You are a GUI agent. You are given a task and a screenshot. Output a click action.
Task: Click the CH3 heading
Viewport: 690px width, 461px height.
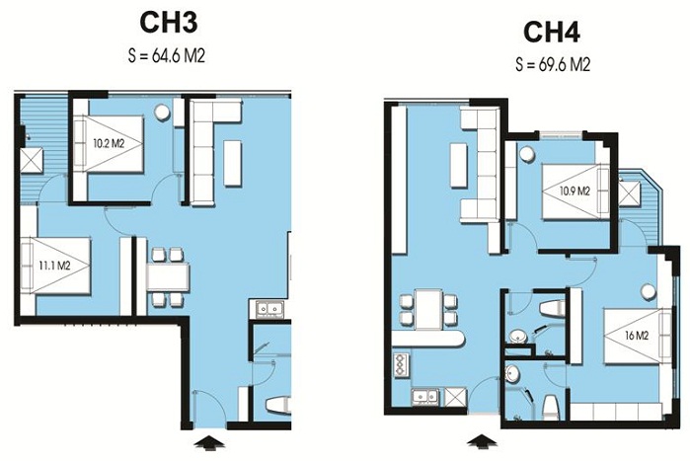coord(168,22)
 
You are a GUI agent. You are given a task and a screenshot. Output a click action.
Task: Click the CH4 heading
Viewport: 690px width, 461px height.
coord(552,32)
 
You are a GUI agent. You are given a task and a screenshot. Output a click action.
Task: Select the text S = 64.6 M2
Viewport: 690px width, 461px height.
coord(167,56)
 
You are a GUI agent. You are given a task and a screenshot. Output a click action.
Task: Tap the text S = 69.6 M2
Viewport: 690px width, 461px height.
coord(553,65)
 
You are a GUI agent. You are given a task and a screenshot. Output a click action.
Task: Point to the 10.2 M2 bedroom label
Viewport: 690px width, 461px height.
coord(107,143)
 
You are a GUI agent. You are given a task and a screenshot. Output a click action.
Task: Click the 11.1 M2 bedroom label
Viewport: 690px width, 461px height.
coord(52,266)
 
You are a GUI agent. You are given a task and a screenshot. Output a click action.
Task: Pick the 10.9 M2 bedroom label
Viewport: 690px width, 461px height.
coord(575,191)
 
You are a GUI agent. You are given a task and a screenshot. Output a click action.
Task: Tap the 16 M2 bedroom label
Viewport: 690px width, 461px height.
coord(637,336)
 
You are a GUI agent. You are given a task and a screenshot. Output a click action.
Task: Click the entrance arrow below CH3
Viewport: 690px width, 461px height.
coord(209,442)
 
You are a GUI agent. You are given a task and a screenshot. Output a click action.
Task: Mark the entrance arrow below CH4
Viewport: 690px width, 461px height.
coord(483,441)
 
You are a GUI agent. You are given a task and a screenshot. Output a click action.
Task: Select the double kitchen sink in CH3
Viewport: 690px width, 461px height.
coord(268,308)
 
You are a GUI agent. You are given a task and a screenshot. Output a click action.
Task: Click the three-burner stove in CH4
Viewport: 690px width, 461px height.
coord(400,365)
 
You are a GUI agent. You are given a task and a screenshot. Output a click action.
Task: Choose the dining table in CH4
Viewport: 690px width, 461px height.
coord(429,309)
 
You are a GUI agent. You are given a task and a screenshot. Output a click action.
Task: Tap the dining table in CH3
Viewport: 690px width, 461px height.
coord(168,276)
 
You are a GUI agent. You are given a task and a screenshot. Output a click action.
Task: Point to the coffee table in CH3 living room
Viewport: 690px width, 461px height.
coord(232,163)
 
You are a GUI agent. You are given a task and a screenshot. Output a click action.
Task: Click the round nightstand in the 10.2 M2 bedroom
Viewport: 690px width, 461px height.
coord(162,113)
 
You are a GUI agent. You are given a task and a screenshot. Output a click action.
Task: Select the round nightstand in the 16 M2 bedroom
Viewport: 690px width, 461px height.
coord(648,291)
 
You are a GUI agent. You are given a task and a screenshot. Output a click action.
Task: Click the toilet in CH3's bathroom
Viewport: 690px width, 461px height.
coord(278,405)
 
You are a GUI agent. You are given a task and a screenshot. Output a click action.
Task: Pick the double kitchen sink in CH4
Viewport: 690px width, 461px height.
coord(425,396)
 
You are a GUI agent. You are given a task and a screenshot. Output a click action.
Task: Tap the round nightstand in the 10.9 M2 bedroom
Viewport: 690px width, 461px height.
coord(527,154)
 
